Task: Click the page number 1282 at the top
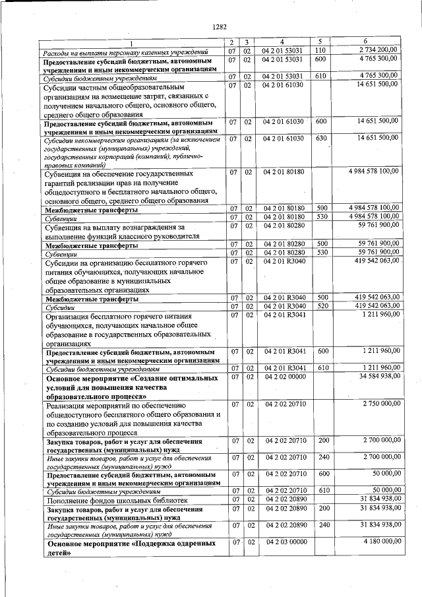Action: [x=220, y=27]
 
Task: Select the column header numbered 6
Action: [x=365, y=42]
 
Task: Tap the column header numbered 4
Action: [x=282, y=42]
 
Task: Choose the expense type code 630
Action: [x=320, y=138]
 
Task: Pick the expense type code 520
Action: [x=320, y=307]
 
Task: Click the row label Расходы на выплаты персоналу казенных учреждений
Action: [x=125, y=51]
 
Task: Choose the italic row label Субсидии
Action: [x=59, y=307]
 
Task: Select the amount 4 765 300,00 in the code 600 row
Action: [x=378, y=59]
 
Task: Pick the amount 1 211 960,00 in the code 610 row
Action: [x=378, y=367]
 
